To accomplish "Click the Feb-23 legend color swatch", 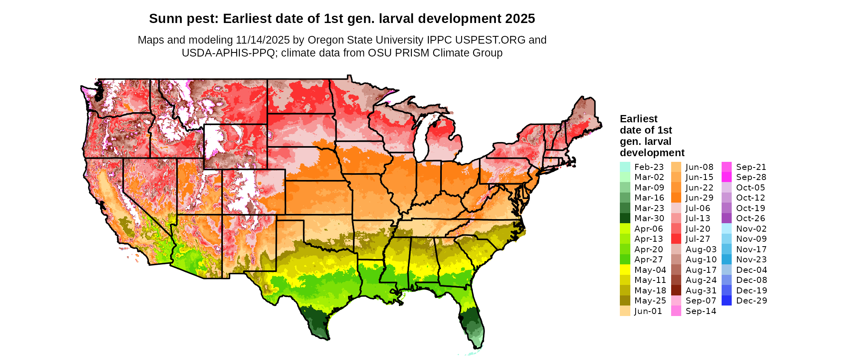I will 625,167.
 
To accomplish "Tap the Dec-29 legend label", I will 751,301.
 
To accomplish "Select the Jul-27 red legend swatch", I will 676,239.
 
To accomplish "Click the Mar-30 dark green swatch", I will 625,218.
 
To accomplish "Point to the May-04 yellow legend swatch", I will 625,270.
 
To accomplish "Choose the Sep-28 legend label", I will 751,177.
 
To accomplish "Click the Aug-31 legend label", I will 701,291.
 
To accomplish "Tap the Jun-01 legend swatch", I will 625,311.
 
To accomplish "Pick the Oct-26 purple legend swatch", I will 726,218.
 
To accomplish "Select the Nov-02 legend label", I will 751,229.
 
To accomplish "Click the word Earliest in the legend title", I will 638,119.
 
